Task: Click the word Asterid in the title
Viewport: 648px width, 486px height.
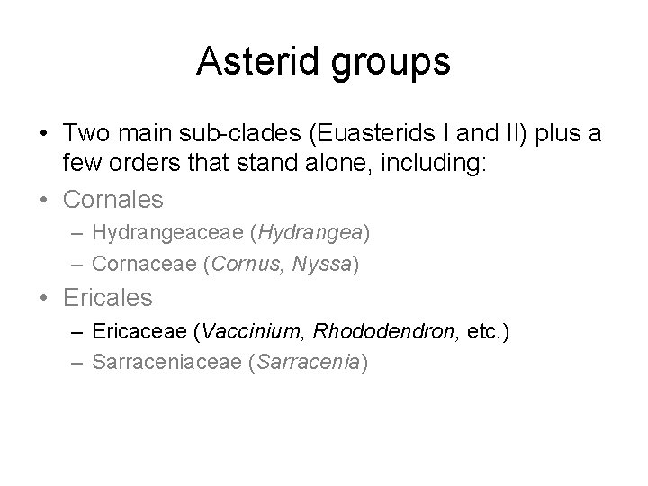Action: (259, 62)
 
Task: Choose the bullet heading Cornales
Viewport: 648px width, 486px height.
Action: (113, 198)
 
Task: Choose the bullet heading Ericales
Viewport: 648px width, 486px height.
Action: (108, 297)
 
